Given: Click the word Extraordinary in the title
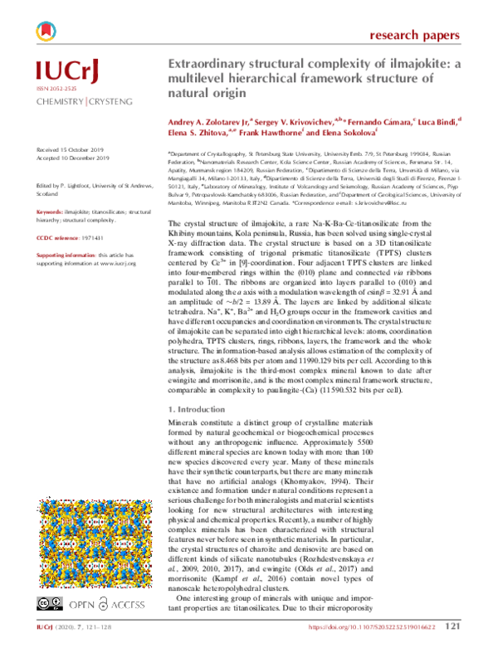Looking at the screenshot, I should click(x=211, y=64).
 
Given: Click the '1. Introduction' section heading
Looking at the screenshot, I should click(x=198, y=411).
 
